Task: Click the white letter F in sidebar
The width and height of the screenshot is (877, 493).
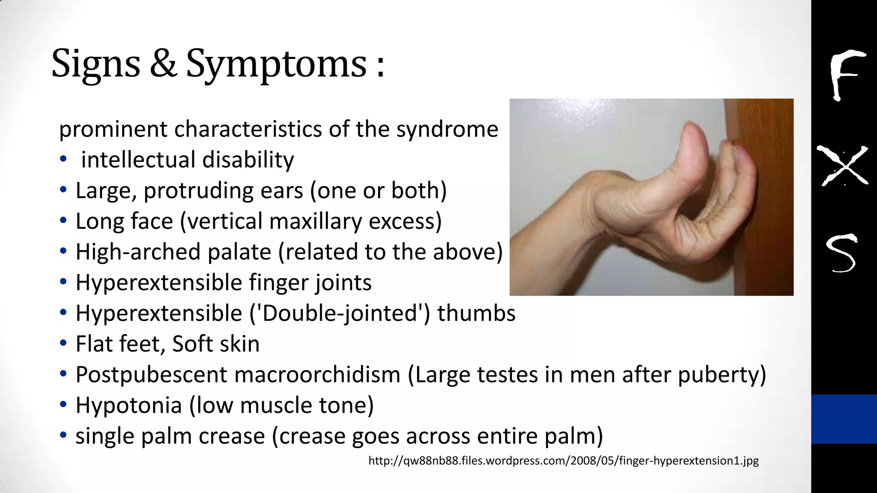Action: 844,75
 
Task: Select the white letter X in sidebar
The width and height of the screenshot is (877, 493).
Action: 842,166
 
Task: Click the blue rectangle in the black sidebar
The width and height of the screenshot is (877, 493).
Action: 844,419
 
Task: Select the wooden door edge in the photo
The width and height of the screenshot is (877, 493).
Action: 767,223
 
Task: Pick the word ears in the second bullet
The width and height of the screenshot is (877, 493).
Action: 281,191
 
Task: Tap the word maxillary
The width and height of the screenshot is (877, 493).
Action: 316,222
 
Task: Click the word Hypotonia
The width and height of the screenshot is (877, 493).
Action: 128,406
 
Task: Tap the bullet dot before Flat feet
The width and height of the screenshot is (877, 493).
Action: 63,343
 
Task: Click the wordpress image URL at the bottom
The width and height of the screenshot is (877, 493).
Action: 563,461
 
